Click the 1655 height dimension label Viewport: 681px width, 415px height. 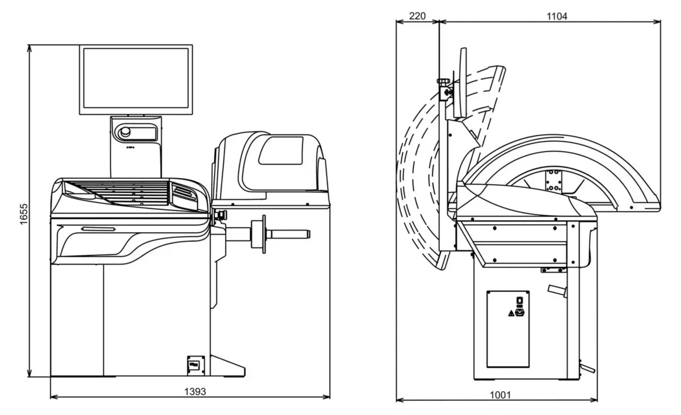pyautogui.click(x=23, y=211)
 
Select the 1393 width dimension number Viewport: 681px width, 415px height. pyautogui.click(x=190, y=391)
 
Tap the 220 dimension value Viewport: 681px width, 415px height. pyautogui.click(x=417, y=16)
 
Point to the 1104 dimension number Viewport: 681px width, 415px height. pyautogui.click(x=557, y=16)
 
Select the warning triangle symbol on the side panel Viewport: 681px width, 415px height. pyautogui.click(x=510, y=312)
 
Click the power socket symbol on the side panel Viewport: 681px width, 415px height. pyautogui.click(x=518, y=311)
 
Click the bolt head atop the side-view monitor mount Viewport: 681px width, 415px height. pyautogui.click(x=442, y=82)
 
